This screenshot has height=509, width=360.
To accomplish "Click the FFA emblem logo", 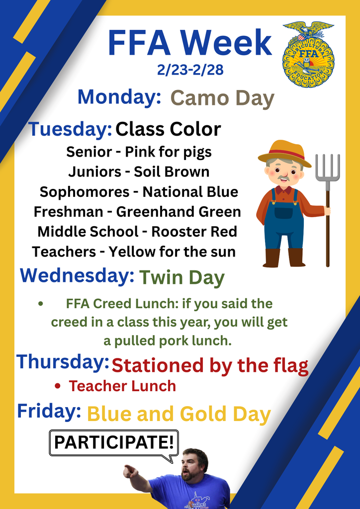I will click(x=308, y=54).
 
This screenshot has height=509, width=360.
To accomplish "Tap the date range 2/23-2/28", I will click(x=190, y=70).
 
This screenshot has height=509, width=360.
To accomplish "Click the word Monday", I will click(x=118, y=96).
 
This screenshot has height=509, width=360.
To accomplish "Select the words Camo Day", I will click(x=222, y=98).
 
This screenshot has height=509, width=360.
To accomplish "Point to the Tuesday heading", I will click(x=70, y=129).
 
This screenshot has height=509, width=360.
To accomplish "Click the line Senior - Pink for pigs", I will click(x=139, y=152).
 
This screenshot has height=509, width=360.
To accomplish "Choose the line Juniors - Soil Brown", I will click(x=139, y=172).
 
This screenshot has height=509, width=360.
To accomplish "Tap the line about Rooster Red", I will click(x=137, y=232).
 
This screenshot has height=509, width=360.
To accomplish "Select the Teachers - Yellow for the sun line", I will click(x=134, y=252).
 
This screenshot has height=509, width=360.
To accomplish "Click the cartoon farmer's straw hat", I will click(x=284, y=151).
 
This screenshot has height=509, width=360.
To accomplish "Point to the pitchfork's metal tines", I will click(x=328, y=167).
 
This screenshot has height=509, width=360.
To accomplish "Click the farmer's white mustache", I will click(x=283, y=178).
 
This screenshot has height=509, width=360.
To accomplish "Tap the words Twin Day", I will click(x=181, y=277).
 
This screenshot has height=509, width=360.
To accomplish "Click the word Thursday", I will click(x=62, y=361).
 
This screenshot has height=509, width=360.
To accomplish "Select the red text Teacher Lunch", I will click(x=122, y=386).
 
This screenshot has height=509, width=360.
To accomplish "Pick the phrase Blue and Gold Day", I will click(x=179, y=414).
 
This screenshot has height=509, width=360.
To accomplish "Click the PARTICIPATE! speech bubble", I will click(x=113, y=442).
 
